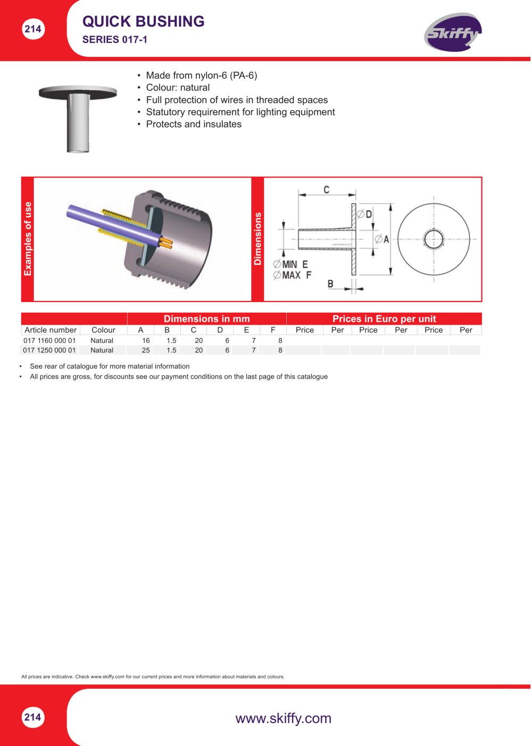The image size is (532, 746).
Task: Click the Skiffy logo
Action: point(452,32)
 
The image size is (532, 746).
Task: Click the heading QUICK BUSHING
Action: point(143,21)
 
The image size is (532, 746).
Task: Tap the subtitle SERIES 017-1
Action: point(114,40)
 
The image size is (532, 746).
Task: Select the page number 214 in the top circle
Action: point(33,29)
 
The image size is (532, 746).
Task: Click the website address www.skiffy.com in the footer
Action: point(283,718)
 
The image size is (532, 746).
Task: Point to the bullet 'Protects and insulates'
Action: point(194,124)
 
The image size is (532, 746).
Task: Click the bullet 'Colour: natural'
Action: point(178,88)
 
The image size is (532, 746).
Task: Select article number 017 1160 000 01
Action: point(49,340)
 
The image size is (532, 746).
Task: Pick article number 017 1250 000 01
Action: point(49,350)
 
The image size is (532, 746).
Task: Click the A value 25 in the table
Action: point(146,350)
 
